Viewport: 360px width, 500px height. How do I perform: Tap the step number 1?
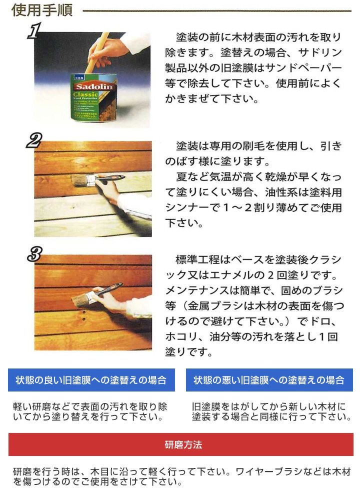tap(34, 30)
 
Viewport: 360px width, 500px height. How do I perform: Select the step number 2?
tap(34, 140)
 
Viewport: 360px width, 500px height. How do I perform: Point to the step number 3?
tap(35, 254)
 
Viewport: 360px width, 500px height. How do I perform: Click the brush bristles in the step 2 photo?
tap(81, 181)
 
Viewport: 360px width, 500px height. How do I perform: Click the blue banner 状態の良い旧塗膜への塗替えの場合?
tap(91, 380)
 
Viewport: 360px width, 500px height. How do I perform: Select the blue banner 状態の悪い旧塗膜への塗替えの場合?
tap(269, 380)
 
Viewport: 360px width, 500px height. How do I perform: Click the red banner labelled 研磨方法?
tap(181, 444)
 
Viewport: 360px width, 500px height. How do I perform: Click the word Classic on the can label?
tap(85, 94)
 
